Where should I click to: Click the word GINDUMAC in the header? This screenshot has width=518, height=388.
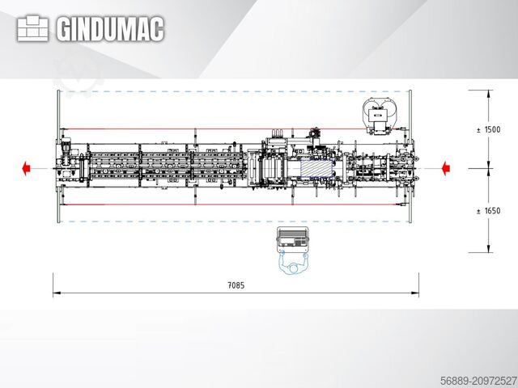tap(110, 30)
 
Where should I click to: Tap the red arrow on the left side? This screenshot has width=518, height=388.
tap(26, 168)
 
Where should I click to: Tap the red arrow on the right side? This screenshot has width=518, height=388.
tap(445, 168)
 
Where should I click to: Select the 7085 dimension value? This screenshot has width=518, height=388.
tap(235, 285)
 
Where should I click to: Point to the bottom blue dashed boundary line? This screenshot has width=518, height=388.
tap(235, 221)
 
